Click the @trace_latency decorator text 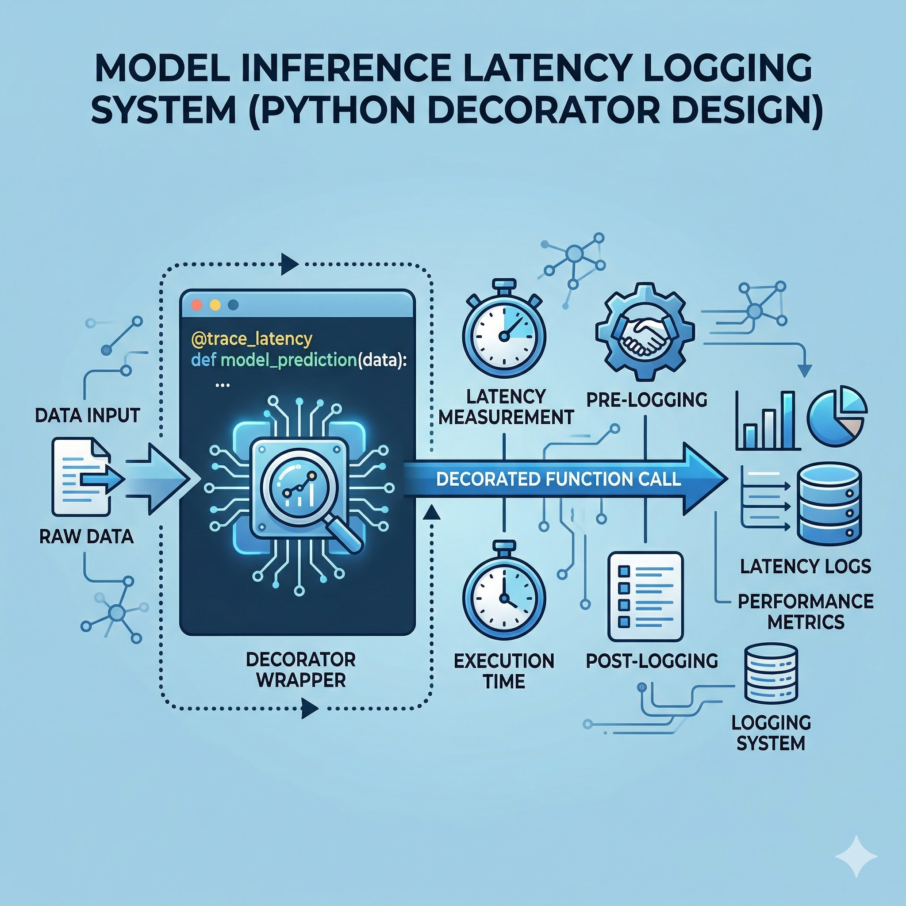[x=252, y=338]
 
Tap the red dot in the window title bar [x=197, y=305]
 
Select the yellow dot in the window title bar [x=215, y=305]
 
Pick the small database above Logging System [x=771, y=674]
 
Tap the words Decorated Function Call [x=558, y=479]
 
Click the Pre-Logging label [x=647, y=399]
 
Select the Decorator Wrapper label [x=300, y=670]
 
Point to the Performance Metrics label [x=805, y=611]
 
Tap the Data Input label [x=87, y=415]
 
